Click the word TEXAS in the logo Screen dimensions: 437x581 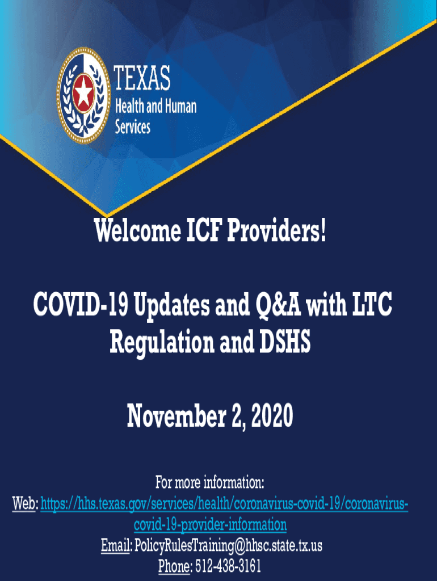[142, 78]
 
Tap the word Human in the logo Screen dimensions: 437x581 [180, 106]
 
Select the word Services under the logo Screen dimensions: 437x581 [132, 127]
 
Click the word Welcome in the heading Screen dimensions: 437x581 [137, 230]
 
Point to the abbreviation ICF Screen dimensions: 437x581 [204, 230]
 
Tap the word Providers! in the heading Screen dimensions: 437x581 [276, 231]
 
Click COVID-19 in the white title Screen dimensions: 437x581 [81, 305]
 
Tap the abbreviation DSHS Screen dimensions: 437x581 [284, 341]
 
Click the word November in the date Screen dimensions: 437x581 [177, 416]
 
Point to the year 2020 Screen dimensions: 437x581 [272, 416]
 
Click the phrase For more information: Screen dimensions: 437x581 [209, 482]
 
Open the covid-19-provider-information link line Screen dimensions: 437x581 [210, 525]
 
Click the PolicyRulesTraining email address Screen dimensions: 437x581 [228, 546]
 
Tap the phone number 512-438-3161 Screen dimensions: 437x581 [228, 566]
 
